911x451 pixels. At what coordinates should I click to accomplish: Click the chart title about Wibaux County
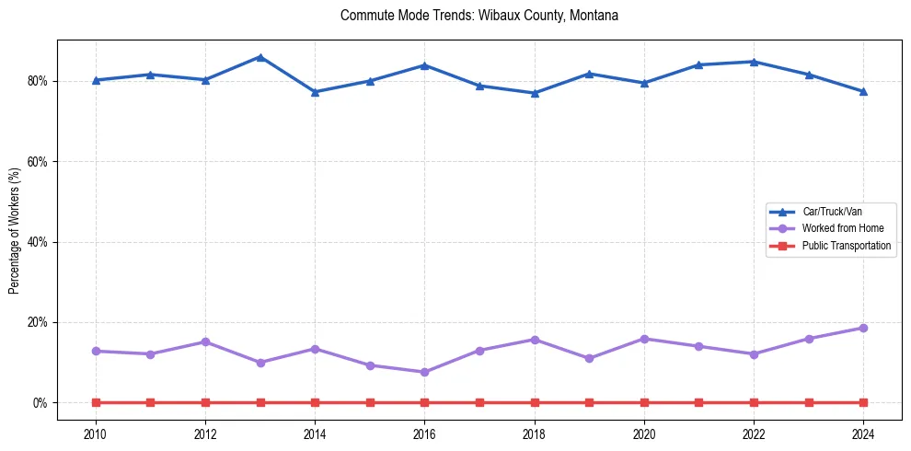(479, 16)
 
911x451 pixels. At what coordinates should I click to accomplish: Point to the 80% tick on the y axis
(38, 81)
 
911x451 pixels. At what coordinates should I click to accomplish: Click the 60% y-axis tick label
(38, 162)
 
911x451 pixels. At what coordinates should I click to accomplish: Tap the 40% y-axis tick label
(38, 242)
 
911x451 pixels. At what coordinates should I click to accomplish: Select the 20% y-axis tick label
(38, 323)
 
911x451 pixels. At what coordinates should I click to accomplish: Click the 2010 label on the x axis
(96, 433)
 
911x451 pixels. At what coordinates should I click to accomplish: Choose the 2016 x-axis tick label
(424, 433)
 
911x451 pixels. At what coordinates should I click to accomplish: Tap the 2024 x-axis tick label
(863, 433)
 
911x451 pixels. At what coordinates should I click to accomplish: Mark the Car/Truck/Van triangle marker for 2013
(260, 57)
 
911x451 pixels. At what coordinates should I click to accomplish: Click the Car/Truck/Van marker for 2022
(754, 62)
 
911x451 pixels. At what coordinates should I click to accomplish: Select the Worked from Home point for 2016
(424, 372)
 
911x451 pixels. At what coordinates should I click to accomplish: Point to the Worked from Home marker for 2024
(863, 328)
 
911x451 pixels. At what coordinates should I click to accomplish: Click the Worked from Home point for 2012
(205, 341)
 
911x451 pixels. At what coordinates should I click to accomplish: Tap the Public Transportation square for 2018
(535, 402)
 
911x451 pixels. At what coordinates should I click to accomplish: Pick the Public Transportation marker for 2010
(96, 402)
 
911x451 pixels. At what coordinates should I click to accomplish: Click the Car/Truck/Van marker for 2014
(315, 92)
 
